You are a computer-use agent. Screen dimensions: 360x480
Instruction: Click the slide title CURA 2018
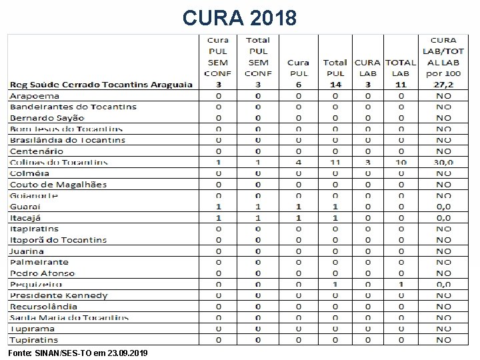[240, 17]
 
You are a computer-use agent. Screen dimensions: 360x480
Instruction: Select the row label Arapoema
[34, 95]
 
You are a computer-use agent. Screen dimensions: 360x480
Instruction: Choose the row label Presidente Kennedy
[59, 295]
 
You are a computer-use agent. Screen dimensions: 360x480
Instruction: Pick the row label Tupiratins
[34, 340]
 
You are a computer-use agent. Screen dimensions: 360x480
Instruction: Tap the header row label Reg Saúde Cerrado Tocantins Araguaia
[101, 85]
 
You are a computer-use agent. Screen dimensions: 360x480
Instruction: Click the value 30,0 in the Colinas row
[443, 162]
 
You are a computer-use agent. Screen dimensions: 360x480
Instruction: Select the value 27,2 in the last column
[443, 85]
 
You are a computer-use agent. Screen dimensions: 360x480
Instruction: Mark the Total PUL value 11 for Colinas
[336, 162]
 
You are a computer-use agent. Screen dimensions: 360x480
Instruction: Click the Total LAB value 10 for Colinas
[401, 162]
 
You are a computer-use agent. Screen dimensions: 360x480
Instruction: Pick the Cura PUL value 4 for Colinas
[298, 162]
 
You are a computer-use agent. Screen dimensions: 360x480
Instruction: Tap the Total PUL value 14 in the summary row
[336, 85]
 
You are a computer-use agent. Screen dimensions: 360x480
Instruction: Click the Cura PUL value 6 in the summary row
[298, 85]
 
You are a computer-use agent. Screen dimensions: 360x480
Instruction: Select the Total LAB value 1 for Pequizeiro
[401, 284]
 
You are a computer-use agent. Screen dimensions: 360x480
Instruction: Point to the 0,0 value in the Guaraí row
[443, 207]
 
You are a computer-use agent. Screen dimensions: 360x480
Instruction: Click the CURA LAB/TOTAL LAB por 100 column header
[443, 57]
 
